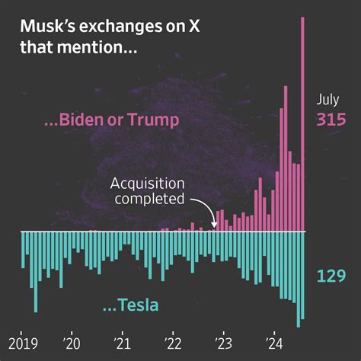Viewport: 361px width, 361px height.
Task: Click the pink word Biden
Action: [x=97, y=120]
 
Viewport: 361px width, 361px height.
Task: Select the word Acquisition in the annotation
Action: [x=148, y=184]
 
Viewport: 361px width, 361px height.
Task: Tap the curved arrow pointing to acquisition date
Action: [x=204, y=209]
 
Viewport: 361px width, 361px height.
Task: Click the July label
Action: [x=328, y=100]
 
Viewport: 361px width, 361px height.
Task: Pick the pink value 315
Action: [x=331, y=120]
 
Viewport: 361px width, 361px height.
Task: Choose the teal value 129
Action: [x=331, y=275]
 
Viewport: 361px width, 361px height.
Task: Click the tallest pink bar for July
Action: [x=303, y=122]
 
